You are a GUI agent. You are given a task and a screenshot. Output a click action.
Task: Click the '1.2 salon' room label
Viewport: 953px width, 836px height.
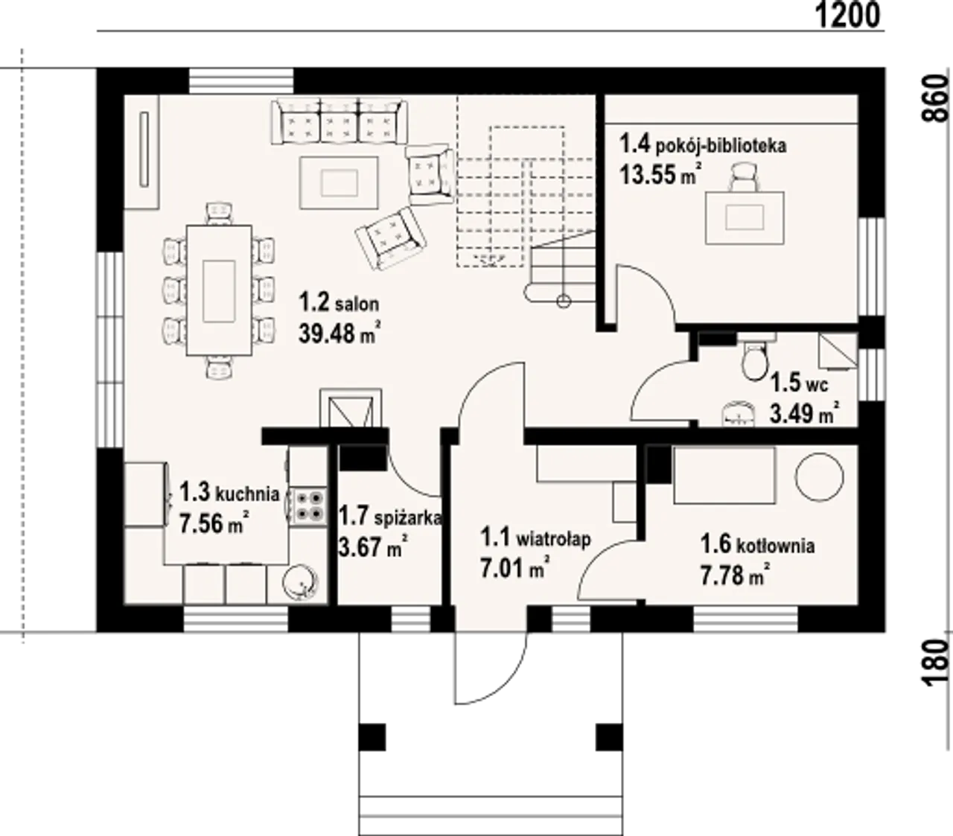point(340,303)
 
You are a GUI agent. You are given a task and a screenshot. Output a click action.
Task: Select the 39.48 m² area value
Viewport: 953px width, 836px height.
point(340,333)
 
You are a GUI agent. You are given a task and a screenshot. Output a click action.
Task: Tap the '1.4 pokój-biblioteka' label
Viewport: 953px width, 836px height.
point(703,144)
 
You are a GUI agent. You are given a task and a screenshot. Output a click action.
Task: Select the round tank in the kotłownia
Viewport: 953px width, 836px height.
point(819,477)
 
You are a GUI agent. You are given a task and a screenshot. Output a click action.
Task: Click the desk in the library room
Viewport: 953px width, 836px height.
point(745,217)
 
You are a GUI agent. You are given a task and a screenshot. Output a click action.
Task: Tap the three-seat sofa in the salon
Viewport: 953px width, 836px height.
point(340,121)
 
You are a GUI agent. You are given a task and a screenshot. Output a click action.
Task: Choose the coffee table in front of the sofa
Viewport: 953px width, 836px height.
point(339,182)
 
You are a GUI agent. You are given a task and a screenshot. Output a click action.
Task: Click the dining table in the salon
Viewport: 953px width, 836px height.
point(219,291)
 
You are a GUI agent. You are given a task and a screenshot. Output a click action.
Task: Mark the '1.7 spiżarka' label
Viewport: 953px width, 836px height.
point(390,517)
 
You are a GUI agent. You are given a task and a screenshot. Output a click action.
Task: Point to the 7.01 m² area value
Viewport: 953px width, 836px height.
point(515,567)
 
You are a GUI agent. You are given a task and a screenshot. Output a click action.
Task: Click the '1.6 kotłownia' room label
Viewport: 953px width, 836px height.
point(757,545)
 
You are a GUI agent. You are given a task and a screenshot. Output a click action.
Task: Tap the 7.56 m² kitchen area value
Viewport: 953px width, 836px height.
point(214,523)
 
